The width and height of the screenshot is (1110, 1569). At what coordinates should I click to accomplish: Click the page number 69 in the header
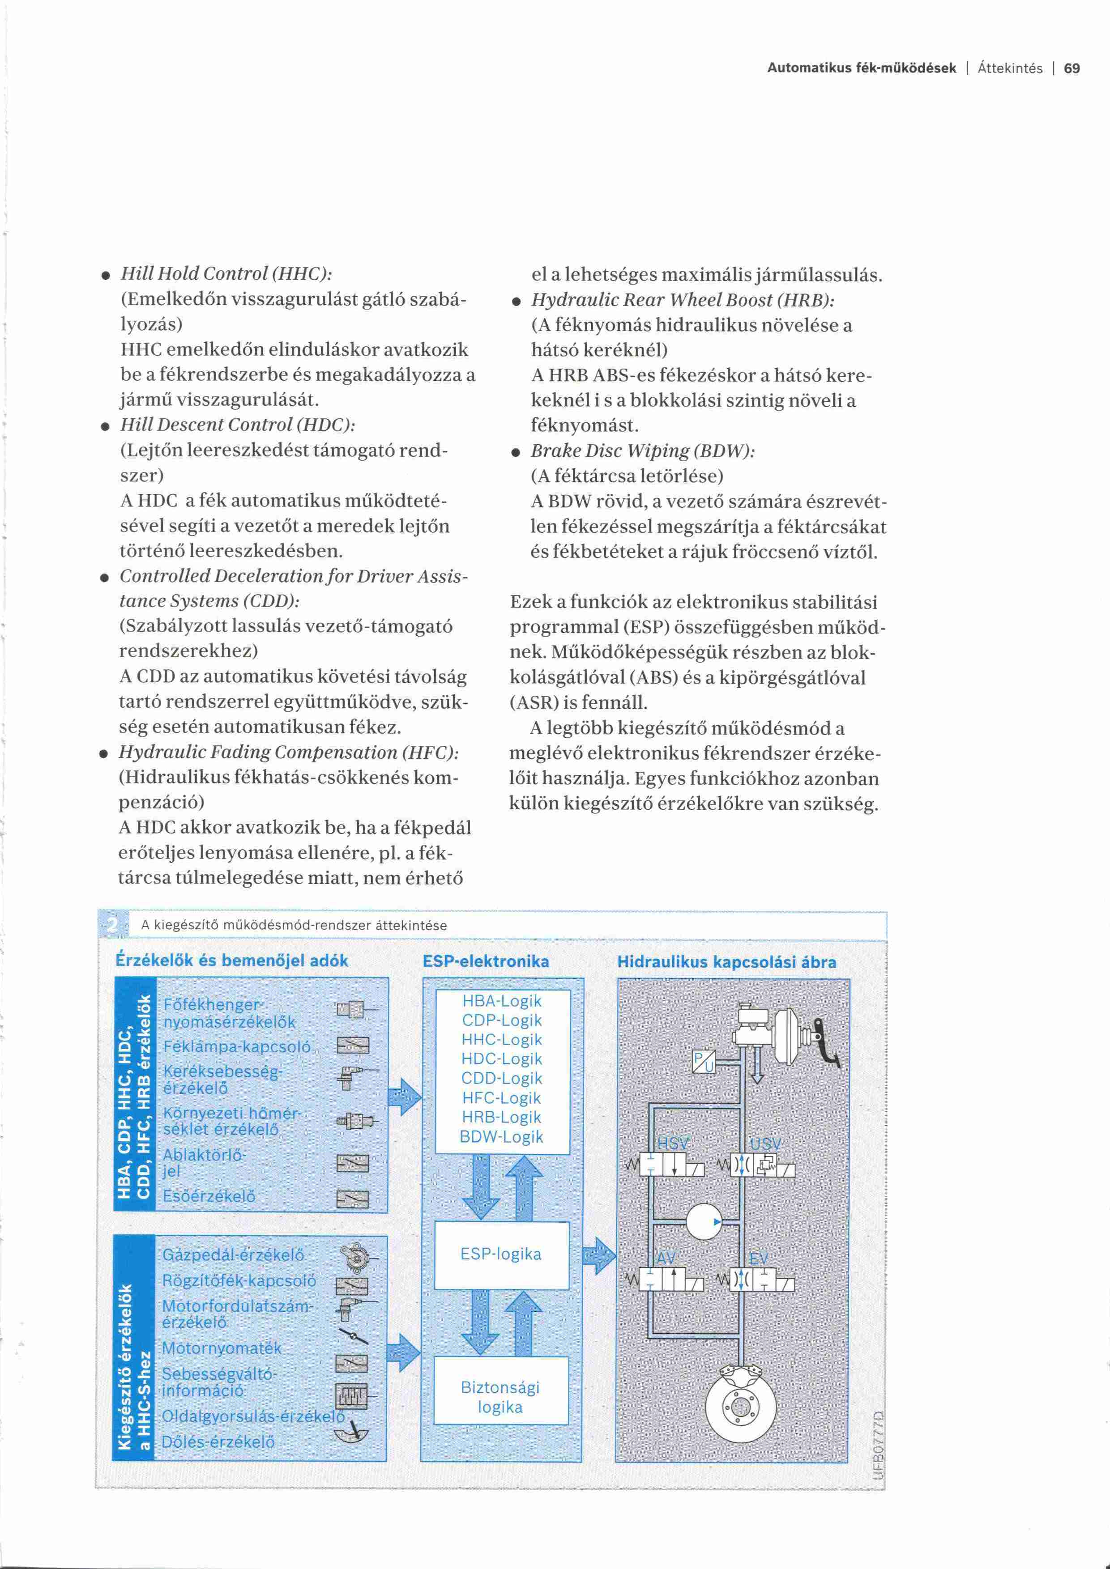coord(1072,68)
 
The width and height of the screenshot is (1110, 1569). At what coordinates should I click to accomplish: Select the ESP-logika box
coord(501,1254)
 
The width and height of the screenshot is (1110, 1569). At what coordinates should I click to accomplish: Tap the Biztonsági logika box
coord(500,1397)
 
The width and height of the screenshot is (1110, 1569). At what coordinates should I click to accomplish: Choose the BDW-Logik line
coord(502,1136)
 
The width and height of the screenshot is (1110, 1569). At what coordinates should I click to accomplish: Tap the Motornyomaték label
coord(222,1348)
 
